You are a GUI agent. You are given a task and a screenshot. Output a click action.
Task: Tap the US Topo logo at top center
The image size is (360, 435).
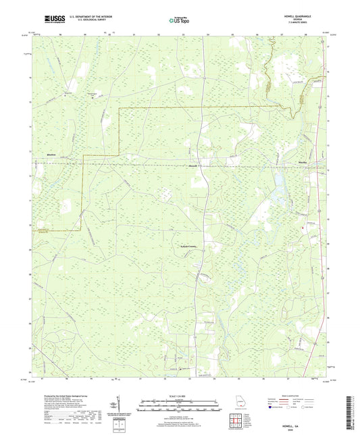[179, 20]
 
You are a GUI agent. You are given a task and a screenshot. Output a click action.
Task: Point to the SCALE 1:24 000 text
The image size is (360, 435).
[180, 396]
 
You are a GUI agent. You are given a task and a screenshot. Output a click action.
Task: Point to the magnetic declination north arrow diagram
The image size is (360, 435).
[120, 407]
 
